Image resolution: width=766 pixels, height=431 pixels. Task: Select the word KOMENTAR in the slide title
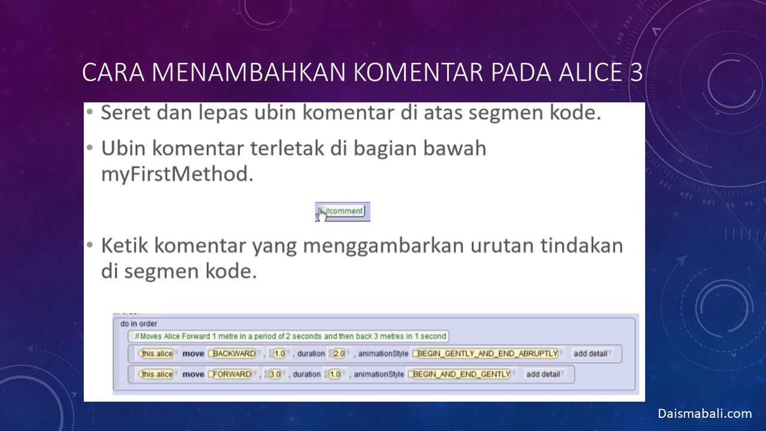pos(418,72)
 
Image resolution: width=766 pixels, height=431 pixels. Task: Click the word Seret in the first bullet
pos(126,113)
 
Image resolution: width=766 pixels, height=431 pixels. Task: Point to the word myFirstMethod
pos(177,174)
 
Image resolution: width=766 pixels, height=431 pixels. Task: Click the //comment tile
pos(343,211)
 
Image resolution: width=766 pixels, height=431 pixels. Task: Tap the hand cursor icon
pos(321,214)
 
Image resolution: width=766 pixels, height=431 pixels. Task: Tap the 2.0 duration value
pos(339,354)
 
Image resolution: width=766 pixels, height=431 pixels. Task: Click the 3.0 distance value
pos(275,374)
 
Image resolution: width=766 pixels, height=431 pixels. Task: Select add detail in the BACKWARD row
pos(591,354)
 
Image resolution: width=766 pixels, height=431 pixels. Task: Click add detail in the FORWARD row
pos(544,374)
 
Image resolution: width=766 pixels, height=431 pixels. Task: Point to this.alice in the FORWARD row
pos(157,374)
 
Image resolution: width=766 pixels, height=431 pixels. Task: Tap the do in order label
pos(138,324)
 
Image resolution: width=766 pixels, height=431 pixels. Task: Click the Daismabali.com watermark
pos(705,414)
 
